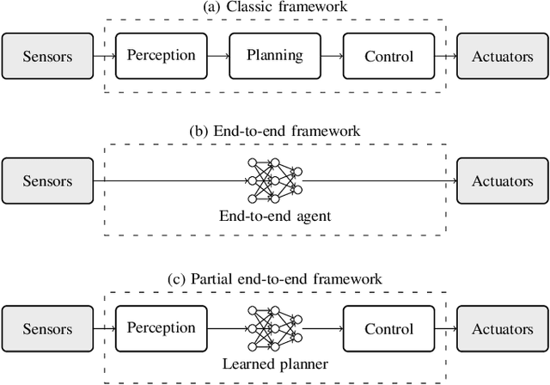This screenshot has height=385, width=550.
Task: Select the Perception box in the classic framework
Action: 161,57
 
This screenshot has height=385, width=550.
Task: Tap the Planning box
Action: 275,57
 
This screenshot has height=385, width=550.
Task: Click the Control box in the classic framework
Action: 389,57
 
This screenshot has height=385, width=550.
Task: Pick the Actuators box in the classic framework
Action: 503,57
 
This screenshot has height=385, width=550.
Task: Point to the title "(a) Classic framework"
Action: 275,8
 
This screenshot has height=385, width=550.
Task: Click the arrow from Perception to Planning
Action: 218,57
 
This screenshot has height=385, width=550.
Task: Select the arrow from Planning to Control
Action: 332,57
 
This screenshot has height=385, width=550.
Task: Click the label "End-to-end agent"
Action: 275,217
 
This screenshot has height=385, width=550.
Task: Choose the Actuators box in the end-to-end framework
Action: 503,181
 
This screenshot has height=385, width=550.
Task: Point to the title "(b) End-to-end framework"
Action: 275,131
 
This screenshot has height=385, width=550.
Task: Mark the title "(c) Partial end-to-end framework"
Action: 275,279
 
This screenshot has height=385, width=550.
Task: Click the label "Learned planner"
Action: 275,364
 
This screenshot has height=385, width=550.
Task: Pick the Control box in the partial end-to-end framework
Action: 389,329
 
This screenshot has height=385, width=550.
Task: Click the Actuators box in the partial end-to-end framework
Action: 503,329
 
